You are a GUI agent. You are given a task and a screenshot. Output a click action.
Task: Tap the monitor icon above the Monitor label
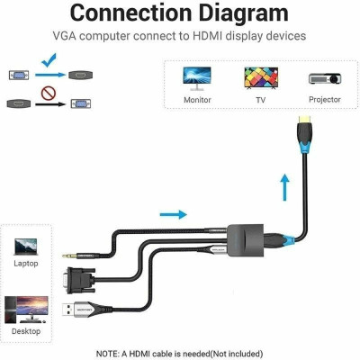point(198,76)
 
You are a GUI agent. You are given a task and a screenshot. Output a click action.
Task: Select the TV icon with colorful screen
point(261,76)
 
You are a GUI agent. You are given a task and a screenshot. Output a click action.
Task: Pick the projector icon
point(324,78)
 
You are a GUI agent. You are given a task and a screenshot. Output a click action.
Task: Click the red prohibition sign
point(50,92)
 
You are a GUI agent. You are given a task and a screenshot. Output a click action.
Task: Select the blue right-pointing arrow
point(173,214)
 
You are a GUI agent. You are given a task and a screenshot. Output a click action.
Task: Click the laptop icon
point(26,245)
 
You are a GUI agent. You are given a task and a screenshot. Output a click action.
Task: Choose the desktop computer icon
point(26,310)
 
